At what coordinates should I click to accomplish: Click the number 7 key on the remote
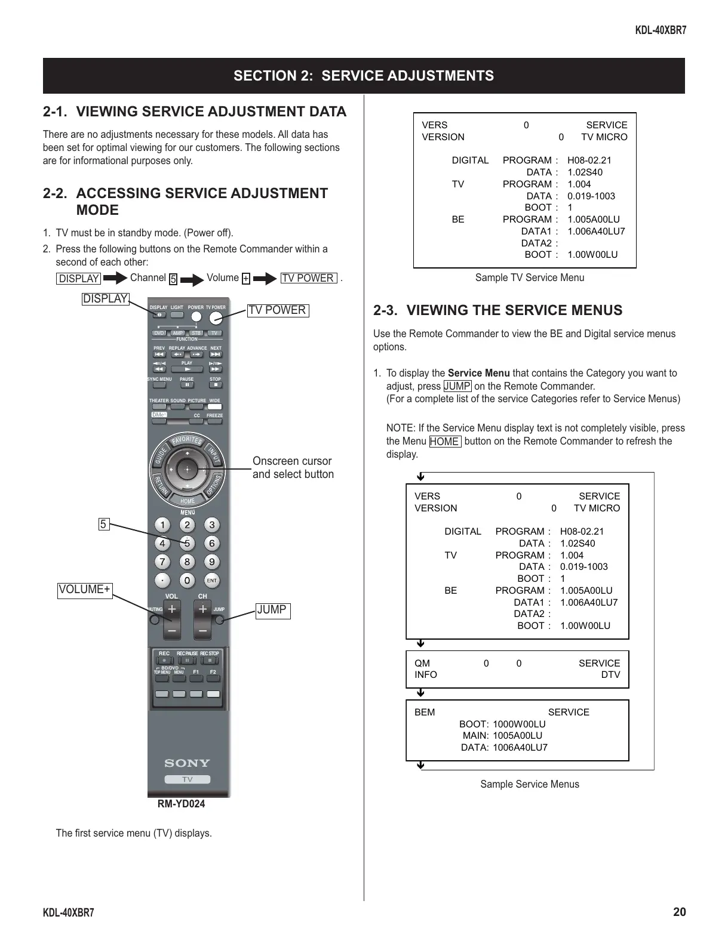pyautogui.click(x=162, y=562)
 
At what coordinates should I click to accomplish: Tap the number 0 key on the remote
pyautogui.click(x=187, y=581)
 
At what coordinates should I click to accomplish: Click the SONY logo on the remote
pyautogui.click(x=187, y=763)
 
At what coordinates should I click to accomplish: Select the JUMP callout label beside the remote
pyautogui.click(x=272, y=610)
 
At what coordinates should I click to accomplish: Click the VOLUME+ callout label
pyautogui.click(x=85, y=590)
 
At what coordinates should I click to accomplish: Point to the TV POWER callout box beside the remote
pyautogui.click(x=278, y=310)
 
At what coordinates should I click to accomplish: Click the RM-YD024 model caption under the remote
pyautogui.click(x=181, y=804)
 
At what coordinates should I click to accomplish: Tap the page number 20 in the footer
pyautogui.click(x=679, y=912)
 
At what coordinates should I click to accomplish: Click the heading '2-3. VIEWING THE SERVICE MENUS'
pyautogui.click(x=497, y=310)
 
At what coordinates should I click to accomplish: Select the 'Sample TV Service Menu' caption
pyautogui.click(x=529, y=277)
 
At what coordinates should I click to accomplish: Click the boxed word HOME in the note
pyautogui.click(x=444, y=442)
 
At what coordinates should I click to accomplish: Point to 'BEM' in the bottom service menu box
pyautogui.click(x=425, y=712)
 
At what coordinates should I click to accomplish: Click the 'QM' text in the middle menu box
pyautogui.click(x=422, y=664)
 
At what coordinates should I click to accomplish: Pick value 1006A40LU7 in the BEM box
pyautogui.click(x=520, y=748)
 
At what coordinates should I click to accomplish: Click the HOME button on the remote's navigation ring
pyautogui.click(x=188, y=501)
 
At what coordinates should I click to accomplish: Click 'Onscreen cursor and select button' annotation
pyautogui.click(x=293, y=468)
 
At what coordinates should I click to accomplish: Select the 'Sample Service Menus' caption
pyautogui.click(x=529, y=784)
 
